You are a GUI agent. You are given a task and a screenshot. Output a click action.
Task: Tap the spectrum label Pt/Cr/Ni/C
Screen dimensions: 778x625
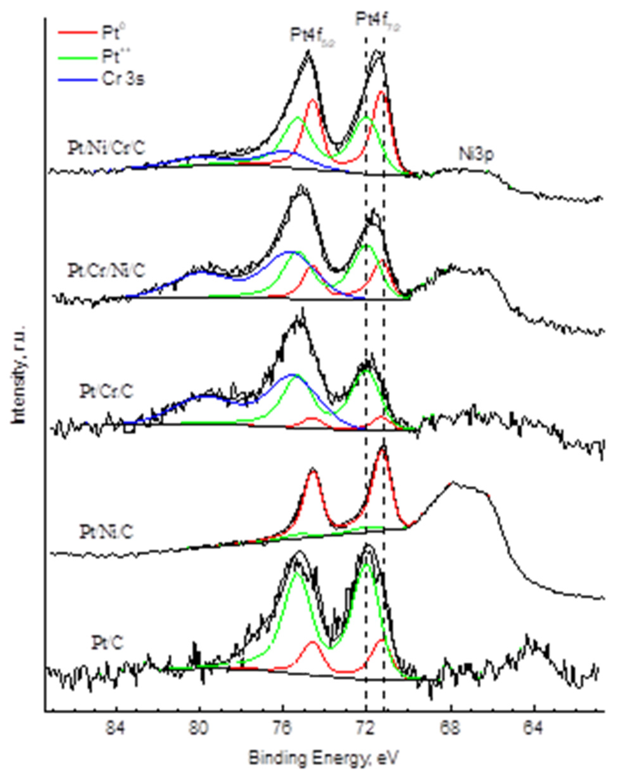pos(106,270)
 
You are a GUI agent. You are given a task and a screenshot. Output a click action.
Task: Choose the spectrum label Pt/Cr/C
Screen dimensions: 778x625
pos(106,391)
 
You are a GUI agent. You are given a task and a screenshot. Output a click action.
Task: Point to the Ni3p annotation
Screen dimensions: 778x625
pos(476,154)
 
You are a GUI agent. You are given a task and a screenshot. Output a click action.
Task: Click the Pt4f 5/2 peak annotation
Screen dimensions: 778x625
pos(313,36)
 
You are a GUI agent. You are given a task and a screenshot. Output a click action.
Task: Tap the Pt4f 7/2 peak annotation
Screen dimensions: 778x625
pos(378,20)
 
